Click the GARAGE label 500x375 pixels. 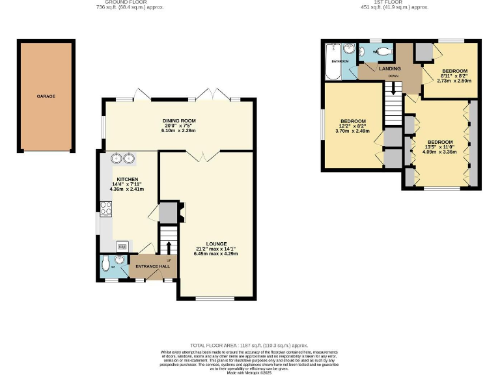pyautogui.click(x=46, y=96)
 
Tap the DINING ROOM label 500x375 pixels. pyautogui.click(x=179, y=121)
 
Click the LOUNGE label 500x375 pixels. pyautogui.click(x=215, y=243)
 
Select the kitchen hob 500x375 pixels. pyautogui.click(x=105, y=210)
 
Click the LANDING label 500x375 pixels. pyautogui.click(x=391, y=68)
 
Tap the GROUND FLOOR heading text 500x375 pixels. pyautogui.click(x=130, y=2)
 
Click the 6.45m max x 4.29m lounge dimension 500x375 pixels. pyautogui.click(x=215, y=253)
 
